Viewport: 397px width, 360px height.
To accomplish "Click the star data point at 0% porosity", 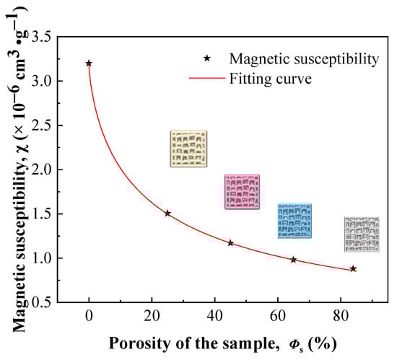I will (89, 63).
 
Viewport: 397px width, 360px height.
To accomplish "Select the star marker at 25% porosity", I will (167, 214).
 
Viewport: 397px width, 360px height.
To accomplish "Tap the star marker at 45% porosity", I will (230, 243).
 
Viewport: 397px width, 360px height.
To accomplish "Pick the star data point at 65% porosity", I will (293, 259).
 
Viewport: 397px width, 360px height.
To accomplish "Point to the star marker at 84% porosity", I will (353, 268).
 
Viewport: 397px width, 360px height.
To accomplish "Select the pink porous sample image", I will (242, 191).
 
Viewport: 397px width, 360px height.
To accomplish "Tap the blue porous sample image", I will (295, 221).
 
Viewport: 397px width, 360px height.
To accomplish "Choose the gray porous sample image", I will (361, 234).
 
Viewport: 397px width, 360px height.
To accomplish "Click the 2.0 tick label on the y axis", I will (43, 170).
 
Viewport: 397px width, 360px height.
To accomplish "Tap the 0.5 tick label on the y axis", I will (43, 302).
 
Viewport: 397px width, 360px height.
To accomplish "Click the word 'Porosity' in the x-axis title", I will (135, 341).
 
